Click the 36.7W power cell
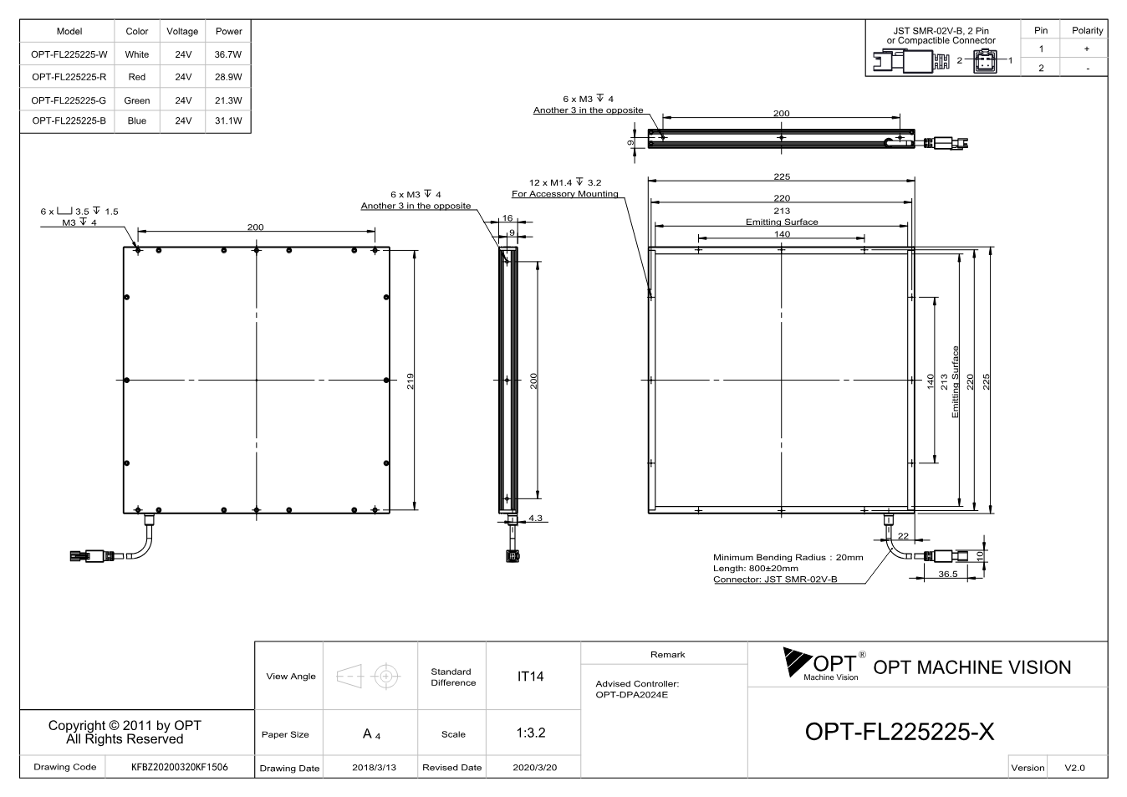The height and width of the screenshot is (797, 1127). pos(228,54)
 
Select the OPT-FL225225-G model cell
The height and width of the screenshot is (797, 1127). pos(69,100)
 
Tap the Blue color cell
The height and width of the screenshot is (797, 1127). pos(137,120)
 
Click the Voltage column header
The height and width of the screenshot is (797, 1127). pos(182,31)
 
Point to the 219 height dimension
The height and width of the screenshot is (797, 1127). pos(411,381)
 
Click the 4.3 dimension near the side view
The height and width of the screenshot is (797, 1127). pos(535,518)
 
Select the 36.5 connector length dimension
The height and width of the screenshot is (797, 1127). pos(948,574)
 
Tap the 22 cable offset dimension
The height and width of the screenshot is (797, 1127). pos(903,536)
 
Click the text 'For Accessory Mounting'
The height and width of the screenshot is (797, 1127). pos(564,194)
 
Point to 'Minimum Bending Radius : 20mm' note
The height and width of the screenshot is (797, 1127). pos(788,557)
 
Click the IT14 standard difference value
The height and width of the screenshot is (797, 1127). pos(530,677)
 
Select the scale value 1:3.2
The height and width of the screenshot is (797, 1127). pos(531,733)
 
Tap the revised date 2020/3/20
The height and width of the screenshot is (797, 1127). pos(535,768)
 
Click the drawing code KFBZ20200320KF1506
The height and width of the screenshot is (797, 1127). pos(179,767)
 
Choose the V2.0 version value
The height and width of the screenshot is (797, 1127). pos(1074,768)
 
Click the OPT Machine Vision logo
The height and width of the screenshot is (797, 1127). pos(824,665)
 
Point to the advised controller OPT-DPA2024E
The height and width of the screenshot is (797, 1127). pos(631,695)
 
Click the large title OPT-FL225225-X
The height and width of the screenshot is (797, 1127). pos(900,732)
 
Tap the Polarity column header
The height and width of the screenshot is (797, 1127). pos(1087,31)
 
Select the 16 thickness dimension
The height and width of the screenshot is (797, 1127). pos(507,218)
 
